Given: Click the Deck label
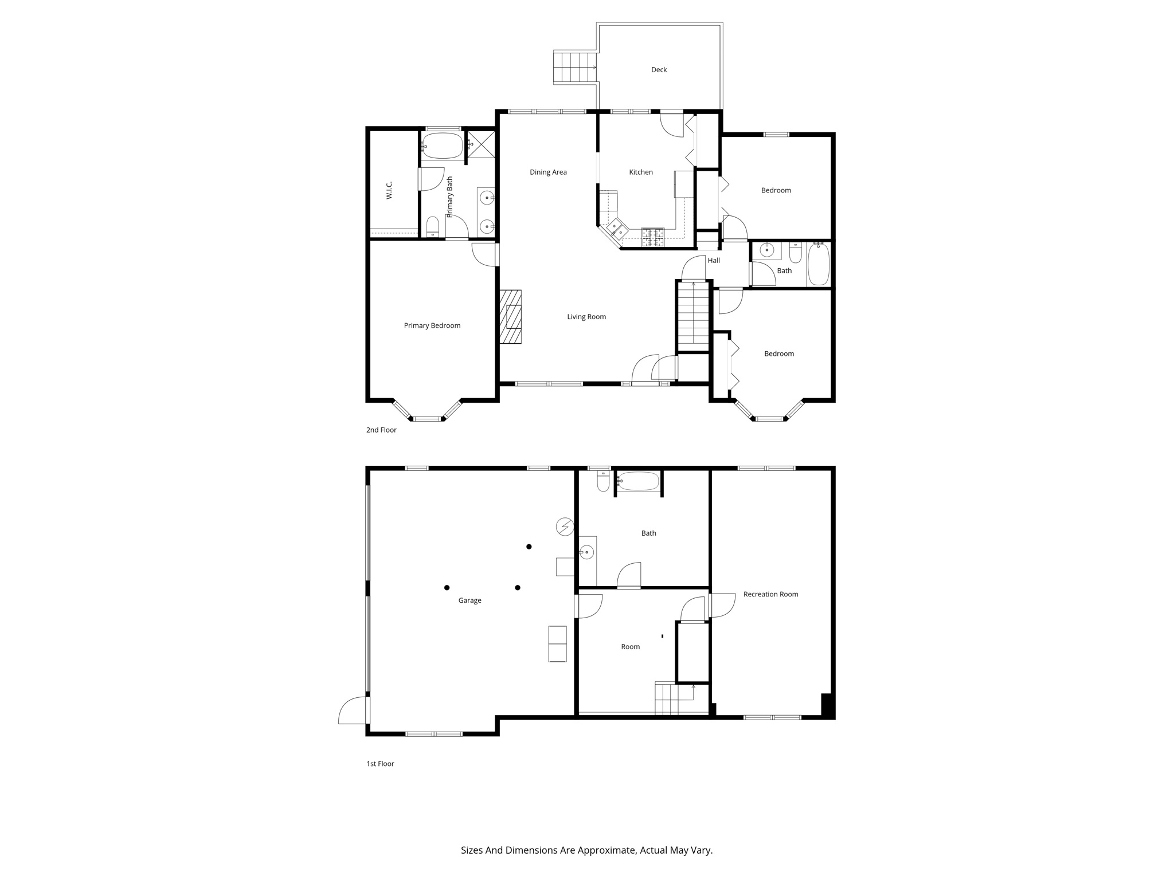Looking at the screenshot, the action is (659, 70).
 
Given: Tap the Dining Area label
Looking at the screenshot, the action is (548, 172).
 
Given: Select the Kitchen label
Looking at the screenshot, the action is (641, 172).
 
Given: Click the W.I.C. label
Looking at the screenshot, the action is (389, 190).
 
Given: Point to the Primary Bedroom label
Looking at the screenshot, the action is (432, 326).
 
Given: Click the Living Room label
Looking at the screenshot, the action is (586, 317).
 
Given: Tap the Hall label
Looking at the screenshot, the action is (714, 261).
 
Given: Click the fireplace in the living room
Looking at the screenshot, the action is (510, 317).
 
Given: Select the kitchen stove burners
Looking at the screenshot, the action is (652, 237).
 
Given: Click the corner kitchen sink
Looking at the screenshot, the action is (616, 229).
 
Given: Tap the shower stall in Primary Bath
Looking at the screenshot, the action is (481, 144).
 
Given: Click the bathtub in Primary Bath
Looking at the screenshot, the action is (442, 146).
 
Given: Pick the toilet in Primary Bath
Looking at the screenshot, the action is (433, 227).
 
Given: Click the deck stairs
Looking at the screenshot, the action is (576, 68).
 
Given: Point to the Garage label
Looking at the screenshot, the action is (469, 601).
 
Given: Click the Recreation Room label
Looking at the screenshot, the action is (770, 595).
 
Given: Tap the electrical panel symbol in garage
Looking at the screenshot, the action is (565, 527).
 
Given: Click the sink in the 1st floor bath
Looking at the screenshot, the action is (586, 553).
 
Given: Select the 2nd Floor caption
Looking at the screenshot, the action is (381, 430).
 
